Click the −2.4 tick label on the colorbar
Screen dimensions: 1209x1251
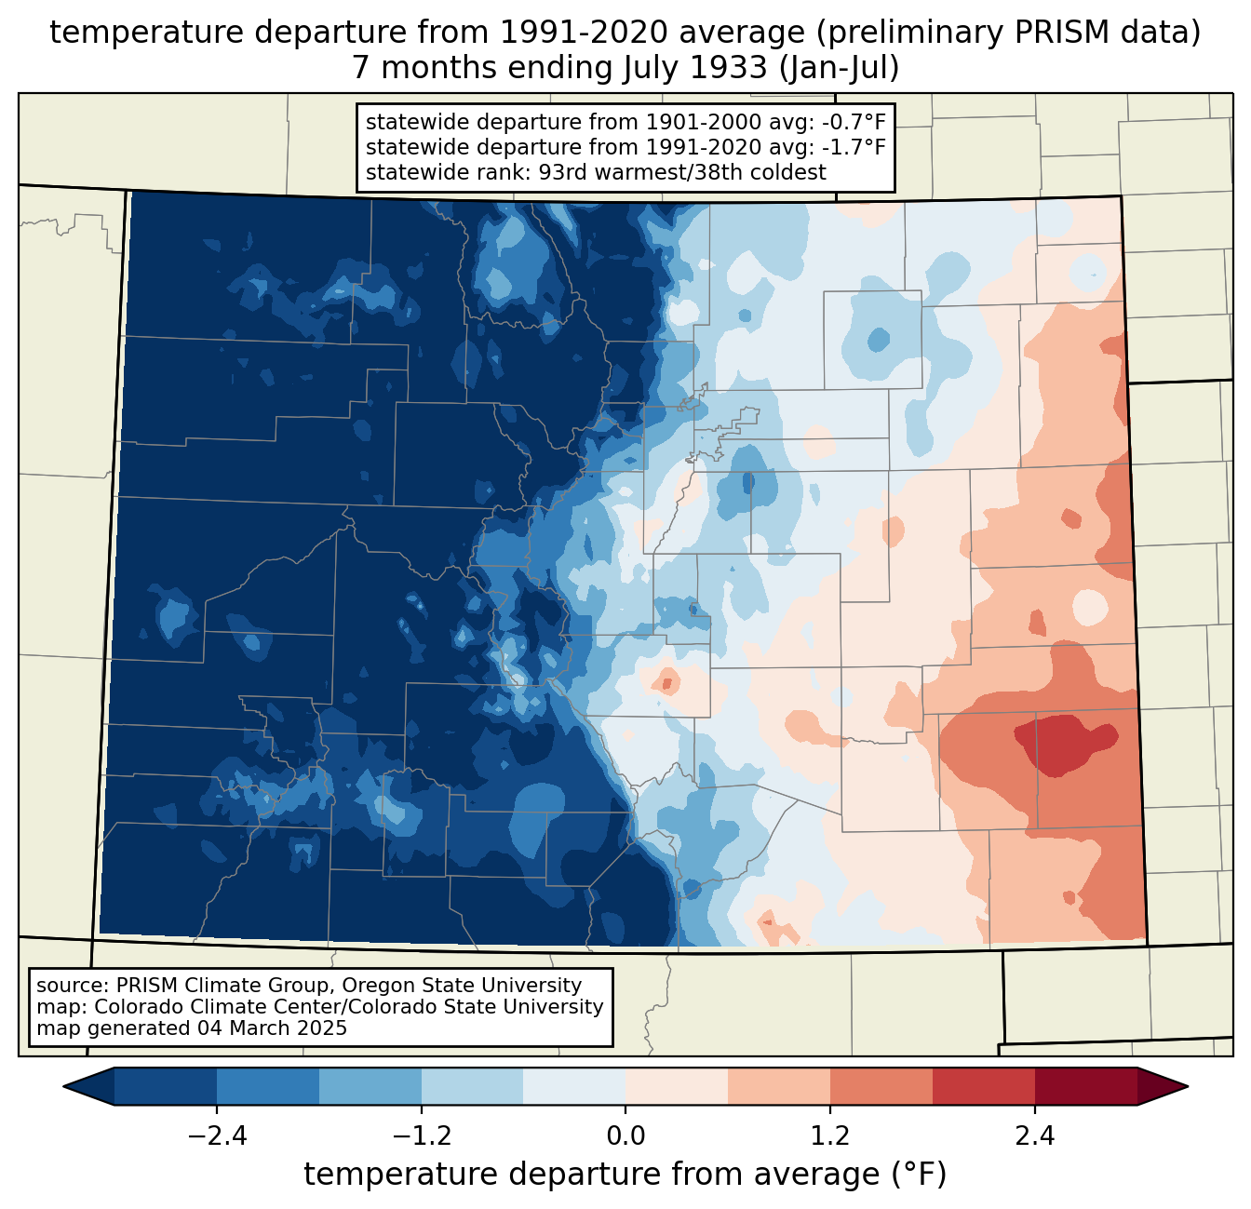[217, 1136]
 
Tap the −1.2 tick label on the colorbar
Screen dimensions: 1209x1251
[421, 1136]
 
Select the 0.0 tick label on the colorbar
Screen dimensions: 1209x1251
[625, 1136]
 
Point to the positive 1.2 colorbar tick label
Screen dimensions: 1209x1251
[830, 1136]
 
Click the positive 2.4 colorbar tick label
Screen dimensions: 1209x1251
[1034, 1136]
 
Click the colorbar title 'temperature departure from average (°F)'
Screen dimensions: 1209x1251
[625, 1175]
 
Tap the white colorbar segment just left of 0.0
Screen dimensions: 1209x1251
[574, 1086]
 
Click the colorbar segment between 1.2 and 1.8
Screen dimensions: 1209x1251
[881, 1086]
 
